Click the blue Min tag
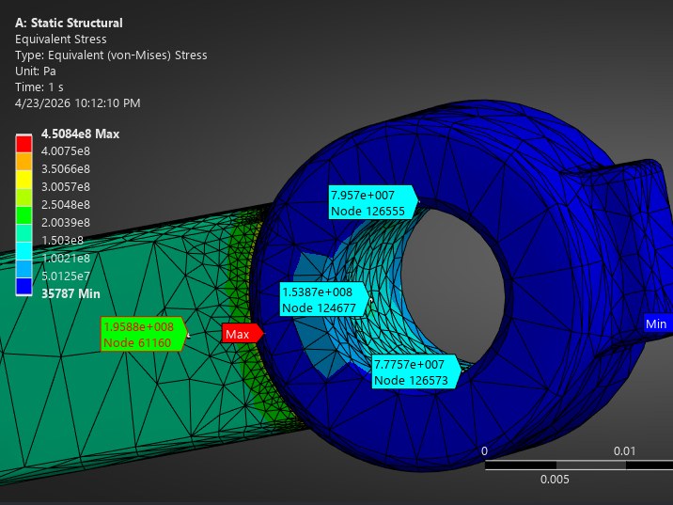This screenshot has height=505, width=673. click(657, 324)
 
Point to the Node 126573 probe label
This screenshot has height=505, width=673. click(415, 371)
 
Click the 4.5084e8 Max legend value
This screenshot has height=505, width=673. click(80, 134)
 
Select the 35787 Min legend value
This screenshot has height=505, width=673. click(70, 293)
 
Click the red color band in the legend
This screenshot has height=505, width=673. click(24, 144)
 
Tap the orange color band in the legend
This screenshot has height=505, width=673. click(24, 162)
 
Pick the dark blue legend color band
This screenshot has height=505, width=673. click(24, 287)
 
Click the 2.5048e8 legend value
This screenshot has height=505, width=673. click(66, 204)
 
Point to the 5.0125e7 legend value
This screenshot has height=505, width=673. click(66, 276)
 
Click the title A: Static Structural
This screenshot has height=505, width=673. click(69, 23)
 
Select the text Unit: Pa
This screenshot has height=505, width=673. click(35, 71)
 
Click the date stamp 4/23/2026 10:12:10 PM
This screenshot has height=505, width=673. click(78, 103)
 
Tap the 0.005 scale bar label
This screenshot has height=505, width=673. click(555, 480)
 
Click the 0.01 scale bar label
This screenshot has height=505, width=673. click(624, 450)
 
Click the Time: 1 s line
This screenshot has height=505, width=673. click(39, 87)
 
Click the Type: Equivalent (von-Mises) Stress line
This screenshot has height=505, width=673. click(111, 55)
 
